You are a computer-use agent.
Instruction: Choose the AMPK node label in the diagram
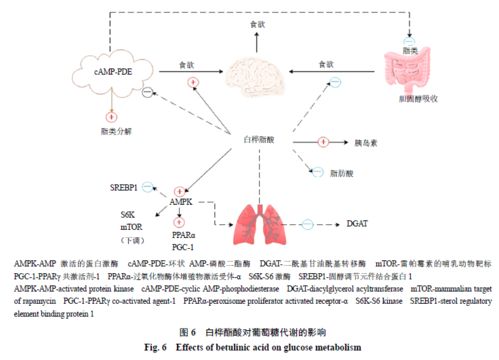coord(181,201)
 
